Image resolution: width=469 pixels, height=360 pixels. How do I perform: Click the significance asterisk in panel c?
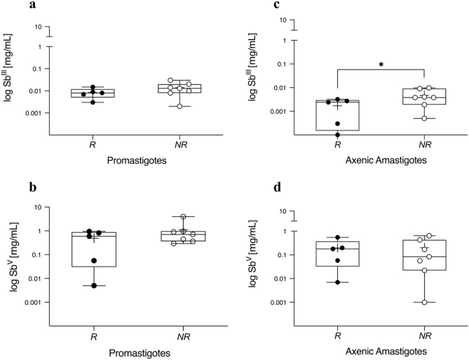381,65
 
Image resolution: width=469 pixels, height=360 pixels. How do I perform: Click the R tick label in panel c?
337,163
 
